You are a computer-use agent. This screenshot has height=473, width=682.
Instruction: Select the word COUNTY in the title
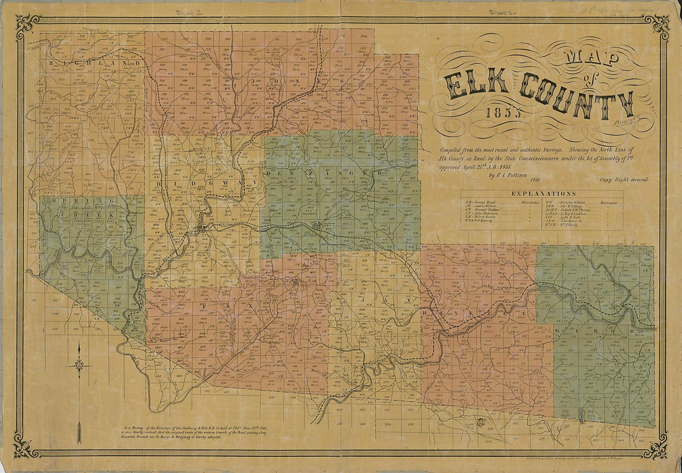coord(577,96)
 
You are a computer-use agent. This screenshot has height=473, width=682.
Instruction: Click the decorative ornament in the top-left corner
coord(27,25)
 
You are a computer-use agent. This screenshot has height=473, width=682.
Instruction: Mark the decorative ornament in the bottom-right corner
coord(656,446)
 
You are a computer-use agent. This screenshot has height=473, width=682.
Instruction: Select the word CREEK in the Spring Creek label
coord(93,214)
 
